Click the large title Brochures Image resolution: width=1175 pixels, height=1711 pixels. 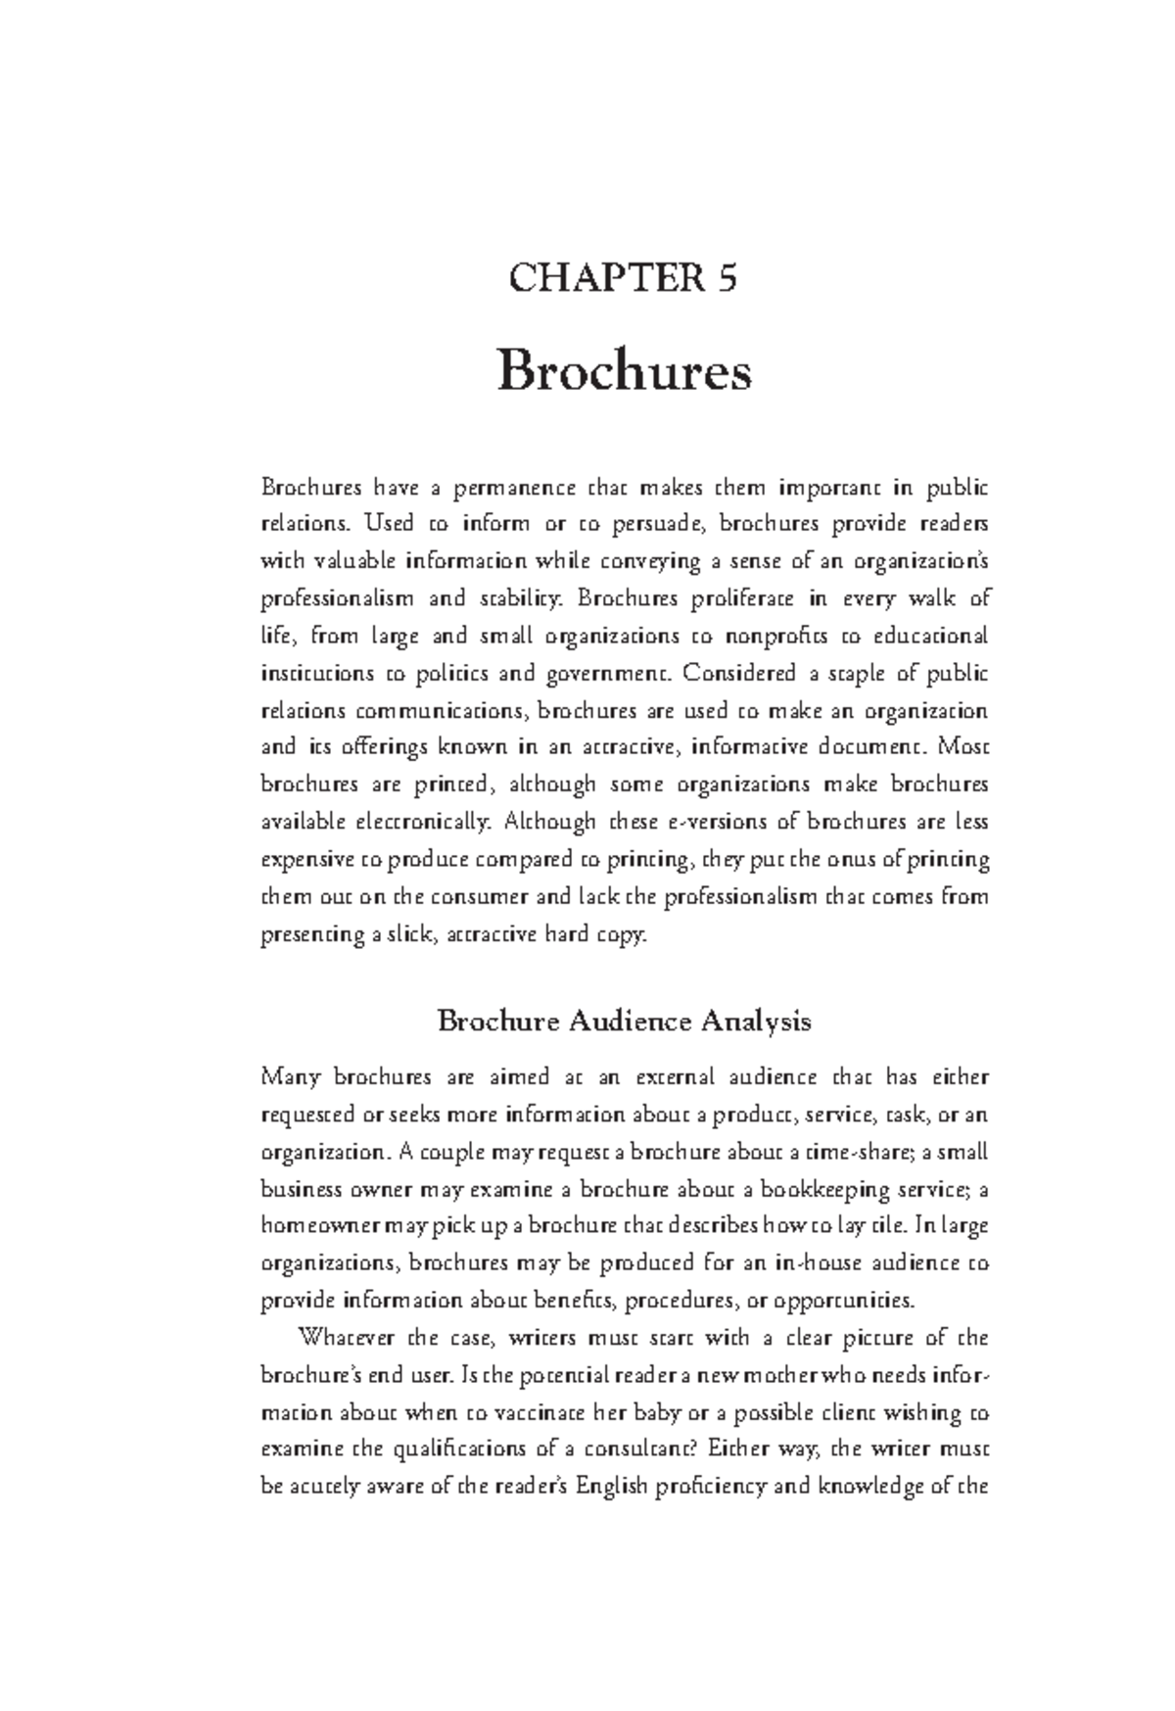[x=625, y=373]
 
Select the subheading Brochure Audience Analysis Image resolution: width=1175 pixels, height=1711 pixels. [x=624, y=1022]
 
